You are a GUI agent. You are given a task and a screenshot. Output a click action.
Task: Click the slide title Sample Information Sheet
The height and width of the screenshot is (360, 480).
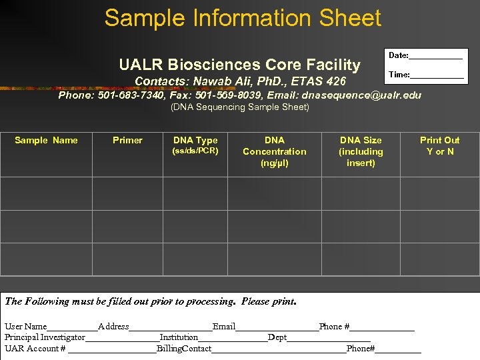click(x=243, y=18)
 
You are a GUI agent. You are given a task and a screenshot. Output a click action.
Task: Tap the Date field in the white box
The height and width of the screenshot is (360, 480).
click(x=435, y=56)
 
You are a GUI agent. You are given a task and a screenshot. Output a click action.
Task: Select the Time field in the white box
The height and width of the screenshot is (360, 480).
click(x=436, y=75)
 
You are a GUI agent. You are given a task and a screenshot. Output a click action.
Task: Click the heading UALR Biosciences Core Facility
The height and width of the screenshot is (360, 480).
click(x=239, y=65)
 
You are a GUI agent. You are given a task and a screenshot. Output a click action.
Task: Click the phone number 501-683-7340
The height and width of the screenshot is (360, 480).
click(x=131, y=95)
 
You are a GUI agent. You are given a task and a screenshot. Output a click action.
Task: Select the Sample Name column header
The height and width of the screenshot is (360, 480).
click(x=46, y=140)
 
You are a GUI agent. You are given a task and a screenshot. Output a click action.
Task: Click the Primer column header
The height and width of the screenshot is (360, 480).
click(x=127, y=140)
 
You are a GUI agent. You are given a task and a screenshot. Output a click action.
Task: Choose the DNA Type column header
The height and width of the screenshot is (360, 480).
click(x=195, y=141)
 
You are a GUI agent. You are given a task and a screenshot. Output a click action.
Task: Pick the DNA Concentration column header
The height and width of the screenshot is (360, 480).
click(x=275, y=151)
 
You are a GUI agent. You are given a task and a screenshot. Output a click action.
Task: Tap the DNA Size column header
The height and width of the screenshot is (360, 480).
click(x=361, y=151)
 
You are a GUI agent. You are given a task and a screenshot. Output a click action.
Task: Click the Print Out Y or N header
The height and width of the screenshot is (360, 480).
click(x=439, y=145)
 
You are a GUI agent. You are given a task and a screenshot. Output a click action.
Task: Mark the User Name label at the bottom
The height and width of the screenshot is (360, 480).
click(x=26, y=327)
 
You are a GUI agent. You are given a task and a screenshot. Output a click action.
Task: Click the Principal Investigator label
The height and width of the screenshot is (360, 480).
click(x=45, y=337)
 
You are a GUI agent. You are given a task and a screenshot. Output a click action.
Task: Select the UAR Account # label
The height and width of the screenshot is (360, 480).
click(x=35, y=349)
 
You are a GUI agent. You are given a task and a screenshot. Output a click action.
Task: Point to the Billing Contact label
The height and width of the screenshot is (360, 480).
click(x=184, y=349)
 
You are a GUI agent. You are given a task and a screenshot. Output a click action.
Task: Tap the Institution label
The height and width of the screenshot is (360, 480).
click(x=179, y=337)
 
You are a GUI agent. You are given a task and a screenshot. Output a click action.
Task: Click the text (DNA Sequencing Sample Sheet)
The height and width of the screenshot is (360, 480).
click(x=240, y=107)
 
